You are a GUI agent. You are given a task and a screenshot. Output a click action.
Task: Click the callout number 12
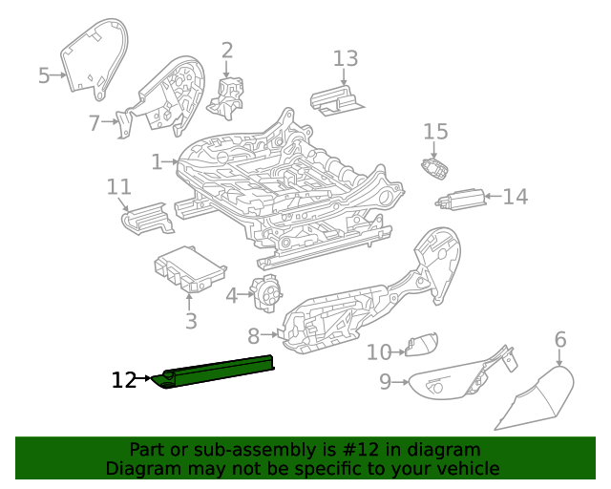[124, 380]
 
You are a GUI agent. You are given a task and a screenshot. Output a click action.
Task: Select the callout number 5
[44, 75]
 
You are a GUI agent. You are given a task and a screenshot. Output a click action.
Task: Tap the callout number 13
[346, 58]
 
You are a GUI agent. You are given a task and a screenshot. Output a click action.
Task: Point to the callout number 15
[435, 132]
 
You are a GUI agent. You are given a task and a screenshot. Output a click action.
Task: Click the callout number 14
[515, 197]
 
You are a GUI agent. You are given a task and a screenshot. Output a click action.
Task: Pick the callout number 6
[560, 339]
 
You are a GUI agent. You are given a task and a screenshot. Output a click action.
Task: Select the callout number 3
[191, 322]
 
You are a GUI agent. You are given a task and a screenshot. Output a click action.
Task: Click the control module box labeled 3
[188, 269]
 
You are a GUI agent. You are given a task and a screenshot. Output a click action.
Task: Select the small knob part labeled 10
[421, 345]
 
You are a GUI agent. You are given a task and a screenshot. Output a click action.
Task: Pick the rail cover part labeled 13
[337, 99]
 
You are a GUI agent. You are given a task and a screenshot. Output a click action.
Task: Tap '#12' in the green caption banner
[359, 450]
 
